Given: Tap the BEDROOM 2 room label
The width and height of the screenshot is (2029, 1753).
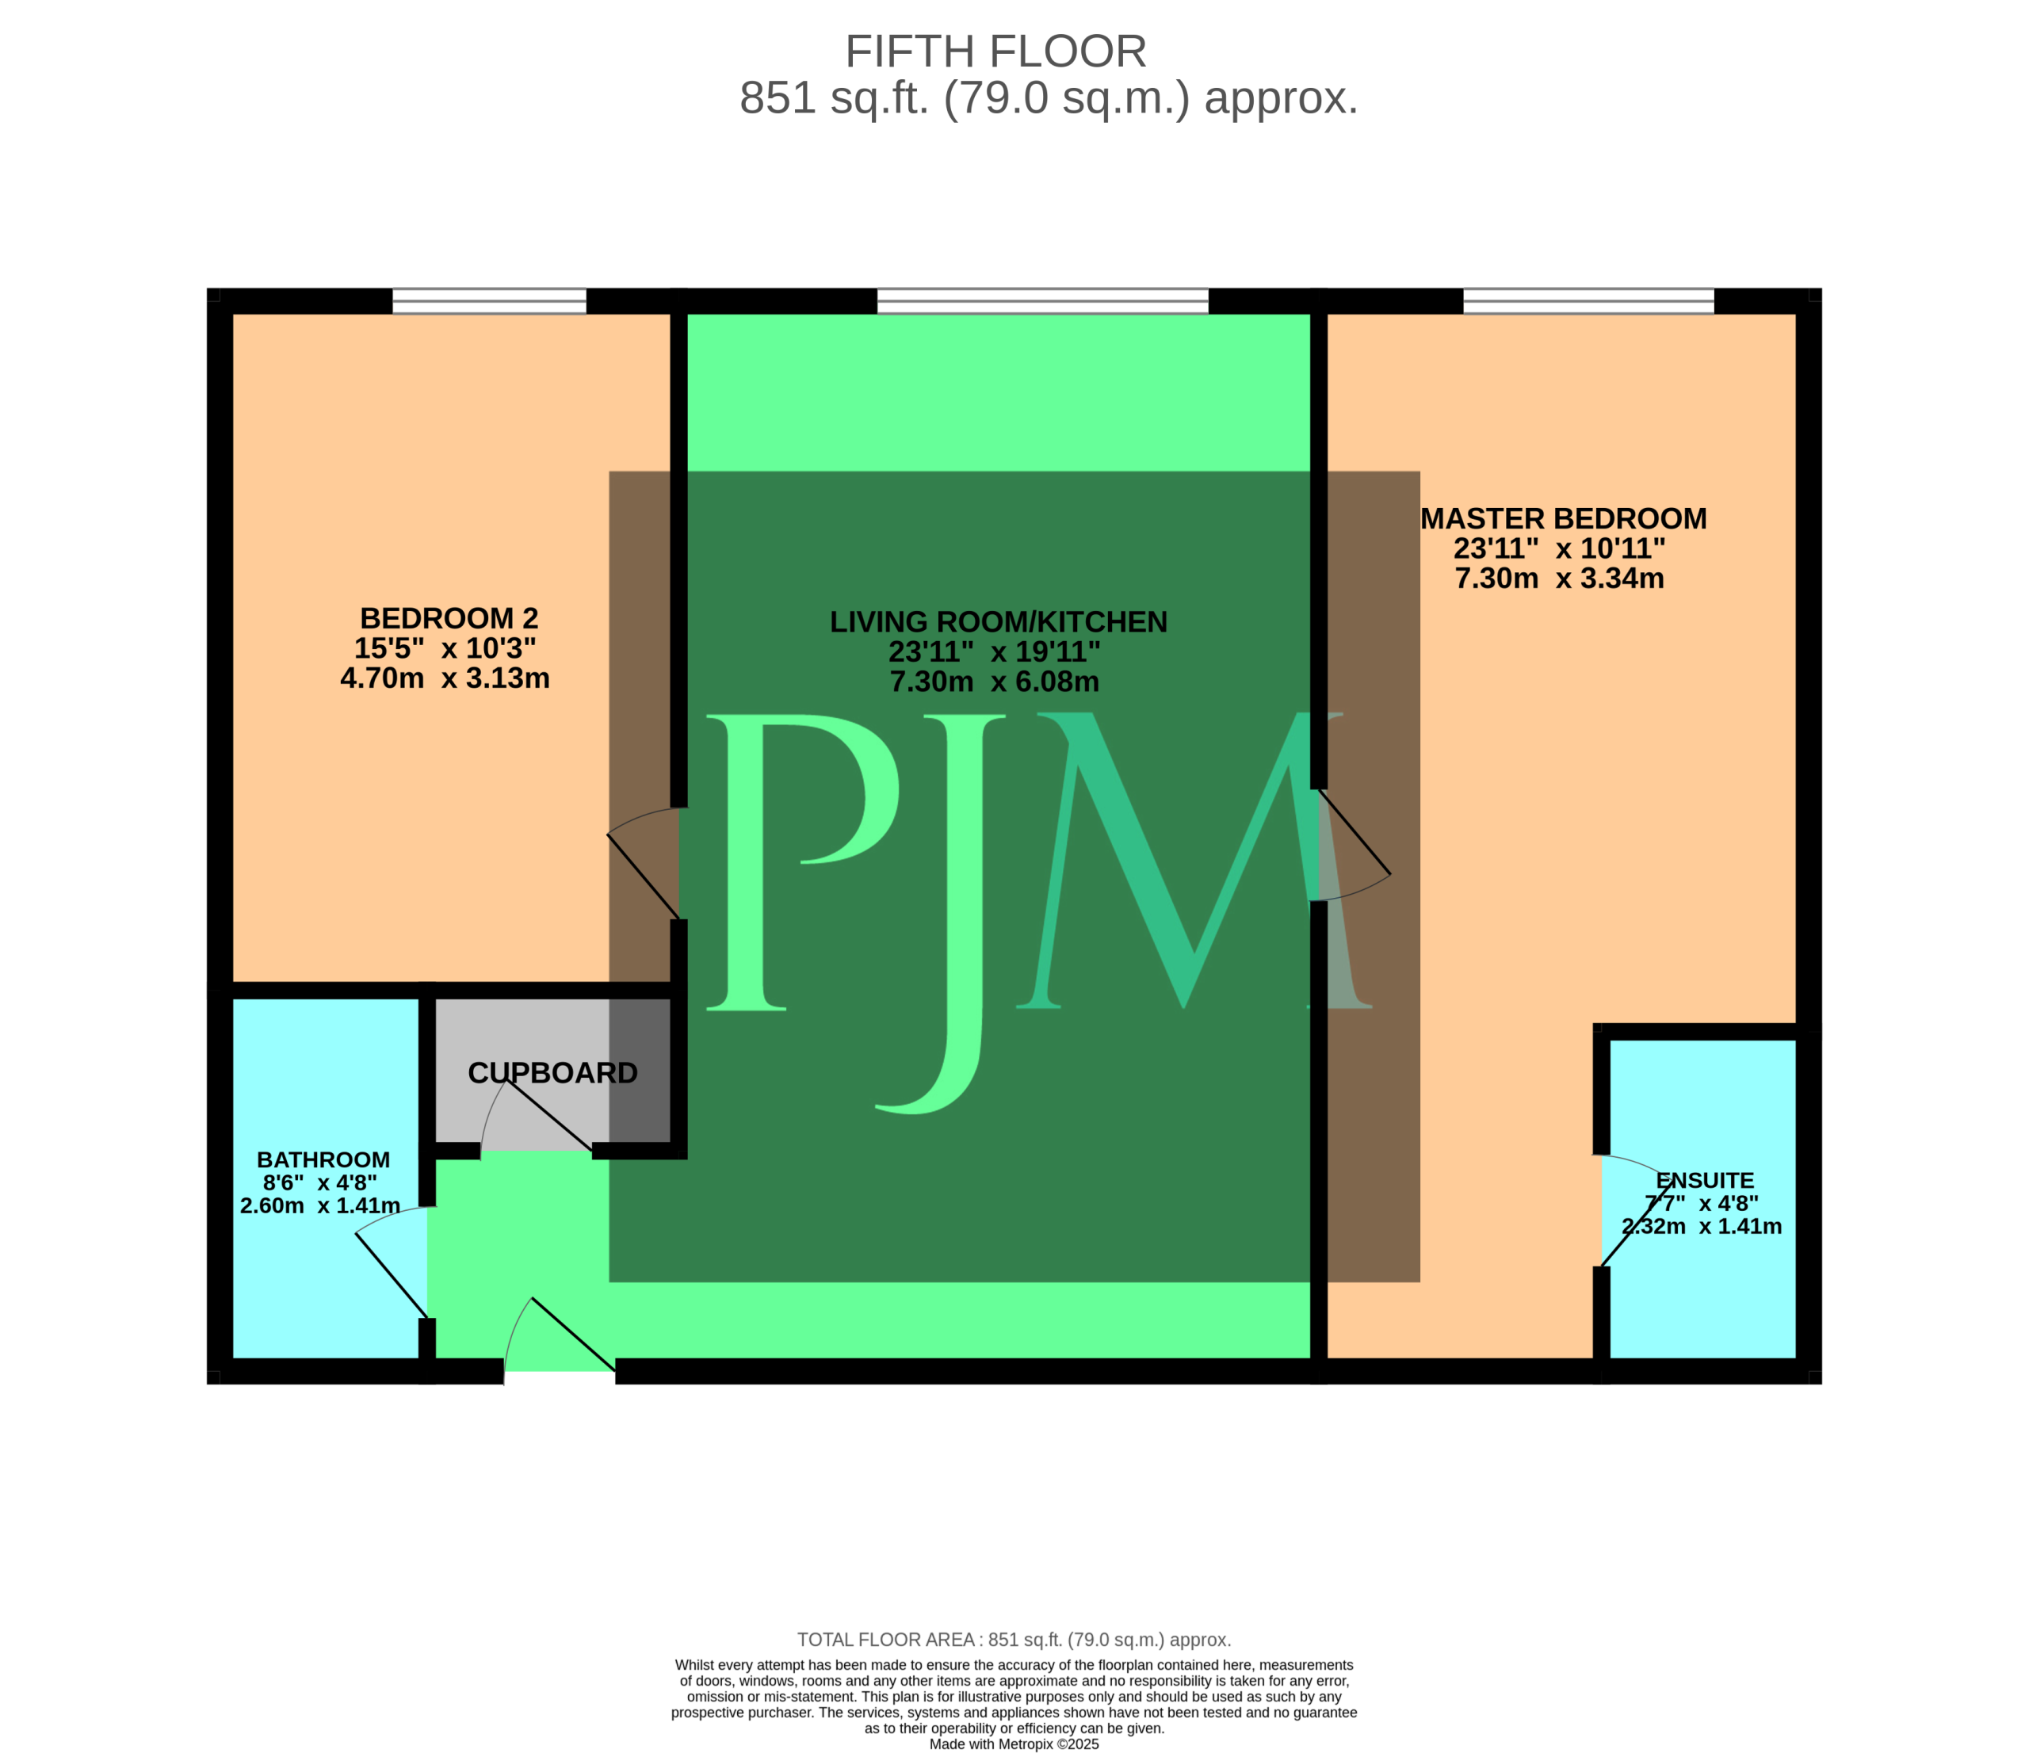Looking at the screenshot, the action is point(449,618).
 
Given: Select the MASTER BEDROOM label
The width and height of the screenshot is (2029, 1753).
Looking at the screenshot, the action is point(1563,518).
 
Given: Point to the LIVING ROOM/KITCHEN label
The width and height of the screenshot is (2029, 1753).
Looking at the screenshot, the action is point(998,622).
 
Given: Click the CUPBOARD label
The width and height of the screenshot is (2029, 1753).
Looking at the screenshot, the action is point(552,1073).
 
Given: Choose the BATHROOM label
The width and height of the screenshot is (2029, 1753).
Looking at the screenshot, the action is point(323,1160).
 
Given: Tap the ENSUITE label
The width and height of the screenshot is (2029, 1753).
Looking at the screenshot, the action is point(1705,1181).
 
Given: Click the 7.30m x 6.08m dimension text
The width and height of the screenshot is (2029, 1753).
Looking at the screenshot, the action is point(994,682).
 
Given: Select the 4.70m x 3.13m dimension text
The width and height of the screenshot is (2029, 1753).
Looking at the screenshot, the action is point(445,678).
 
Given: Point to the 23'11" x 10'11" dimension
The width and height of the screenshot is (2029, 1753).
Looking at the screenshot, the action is point(1559,548).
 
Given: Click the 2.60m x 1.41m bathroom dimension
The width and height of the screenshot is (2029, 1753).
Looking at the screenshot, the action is point(320,1205).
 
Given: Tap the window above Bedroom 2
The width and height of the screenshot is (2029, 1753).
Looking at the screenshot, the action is point(490,300).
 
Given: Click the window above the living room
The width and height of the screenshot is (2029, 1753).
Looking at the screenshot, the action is point(1042,300).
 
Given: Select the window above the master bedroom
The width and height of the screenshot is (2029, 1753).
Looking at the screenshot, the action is point(1588,300).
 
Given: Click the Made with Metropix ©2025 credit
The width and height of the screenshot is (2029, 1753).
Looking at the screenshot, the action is point(1014,1743).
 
